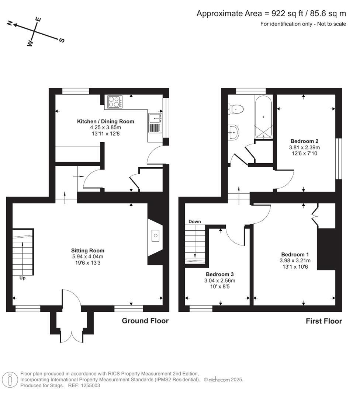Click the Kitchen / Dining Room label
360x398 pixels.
tap(105, 121)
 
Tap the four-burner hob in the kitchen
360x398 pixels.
tap(115, 102)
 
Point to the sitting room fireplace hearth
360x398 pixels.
tap(155, 235)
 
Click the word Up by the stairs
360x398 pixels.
tap(22, 278)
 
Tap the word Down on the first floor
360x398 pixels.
tap(194, 221)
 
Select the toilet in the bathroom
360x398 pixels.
tap(236, 108)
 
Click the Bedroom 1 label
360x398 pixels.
tap(295, 254)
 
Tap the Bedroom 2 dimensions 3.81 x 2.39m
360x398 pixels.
tap(304, 147)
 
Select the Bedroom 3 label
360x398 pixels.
tap(219, 274)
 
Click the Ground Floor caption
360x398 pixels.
tap(145, 321)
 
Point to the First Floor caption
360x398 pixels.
tap(323, 321)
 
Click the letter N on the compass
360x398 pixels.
tap(10, 23)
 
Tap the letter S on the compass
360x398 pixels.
tap(62, 40)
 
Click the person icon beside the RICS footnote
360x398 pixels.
tap(10, 380)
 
